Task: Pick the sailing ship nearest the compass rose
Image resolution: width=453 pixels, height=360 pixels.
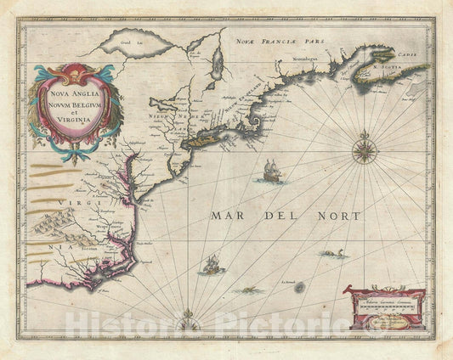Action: (x=270, y=170)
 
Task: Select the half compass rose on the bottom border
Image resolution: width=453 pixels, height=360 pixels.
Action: (x=189, y=322)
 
